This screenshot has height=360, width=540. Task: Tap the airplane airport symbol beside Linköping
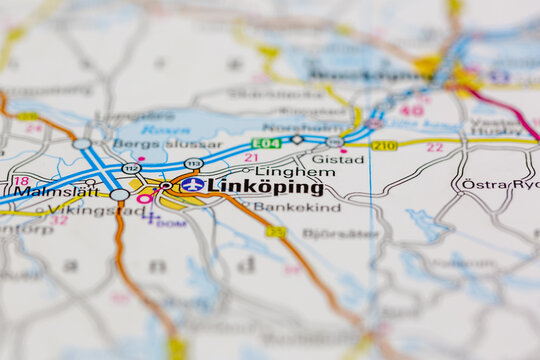tap(193, 185)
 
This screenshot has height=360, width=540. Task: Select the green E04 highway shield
tap(265, 144)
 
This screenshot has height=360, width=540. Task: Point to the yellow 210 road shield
tap(384, 146)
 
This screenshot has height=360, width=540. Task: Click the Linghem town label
tap(280, 171)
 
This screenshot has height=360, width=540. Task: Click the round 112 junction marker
tap(131, 168)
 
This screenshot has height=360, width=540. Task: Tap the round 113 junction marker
tap(193, 163)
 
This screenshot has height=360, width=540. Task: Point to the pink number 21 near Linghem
tap(251, 157)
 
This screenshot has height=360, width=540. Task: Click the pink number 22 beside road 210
tap(434, 147)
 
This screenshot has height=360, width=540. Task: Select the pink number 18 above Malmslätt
tap(21, 181)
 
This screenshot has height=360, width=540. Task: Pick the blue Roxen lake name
tap(165, 129)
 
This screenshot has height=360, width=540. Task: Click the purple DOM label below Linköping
tap(173, 223)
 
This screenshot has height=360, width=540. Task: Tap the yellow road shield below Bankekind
tap(276, 232)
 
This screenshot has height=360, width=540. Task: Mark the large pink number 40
tap(411, 110)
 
